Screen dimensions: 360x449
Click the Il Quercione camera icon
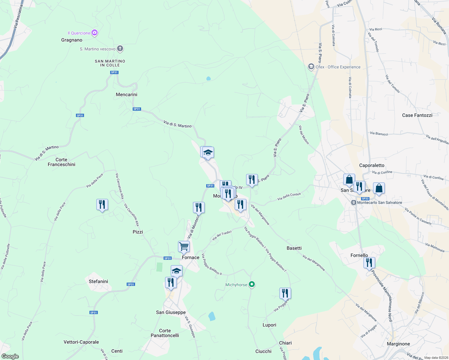(x=95, y=33)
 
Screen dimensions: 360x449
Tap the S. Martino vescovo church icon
(x=120, y=49)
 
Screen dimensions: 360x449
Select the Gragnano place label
(x=72, y=40)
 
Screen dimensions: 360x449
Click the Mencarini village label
(x=126, y=94)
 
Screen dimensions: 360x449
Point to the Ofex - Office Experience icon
(x=311, y=67)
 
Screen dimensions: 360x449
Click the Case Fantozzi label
(x=417, y=115)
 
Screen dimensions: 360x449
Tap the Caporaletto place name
(x=372, y=165)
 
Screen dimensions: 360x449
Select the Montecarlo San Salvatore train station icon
(x=354, y=202)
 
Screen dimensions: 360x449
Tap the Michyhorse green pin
(x=252, y=284)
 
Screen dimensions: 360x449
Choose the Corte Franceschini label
(x=62, y=162)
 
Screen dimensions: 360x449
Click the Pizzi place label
(x=138, y=232)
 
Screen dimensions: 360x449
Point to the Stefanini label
(x=98, y=281)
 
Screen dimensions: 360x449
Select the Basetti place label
(x=294, y=248)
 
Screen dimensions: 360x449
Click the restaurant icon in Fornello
(x=369, y=263)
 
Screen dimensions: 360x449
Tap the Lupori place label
(x=269, y=325)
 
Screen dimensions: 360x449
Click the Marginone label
(x=398, y=344)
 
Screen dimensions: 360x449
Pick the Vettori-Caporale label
(x=81, y=342)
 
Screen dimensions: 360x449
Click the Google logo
(x=10, y=356)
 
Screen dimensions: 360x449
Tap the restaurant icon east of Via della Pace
(x=102, y=205)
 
